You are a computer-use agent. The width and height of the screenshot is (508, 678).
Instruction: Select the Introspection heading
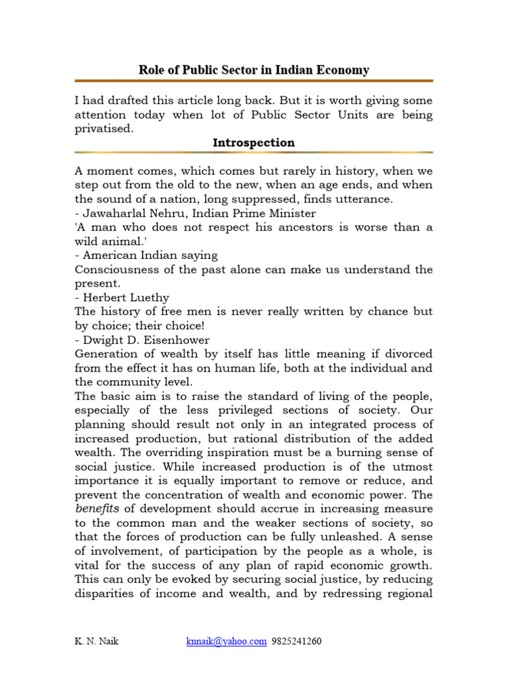coord(254,142)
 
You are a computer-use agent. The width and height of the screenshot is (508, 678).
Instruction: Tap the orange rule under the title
coord(254,81)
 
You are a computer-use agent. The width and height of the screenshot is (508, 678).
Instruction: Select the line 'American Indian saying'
coord(146,255)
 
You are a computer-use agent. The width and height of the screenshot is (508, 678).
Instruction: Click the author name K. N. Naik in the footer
coord(96,641)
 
